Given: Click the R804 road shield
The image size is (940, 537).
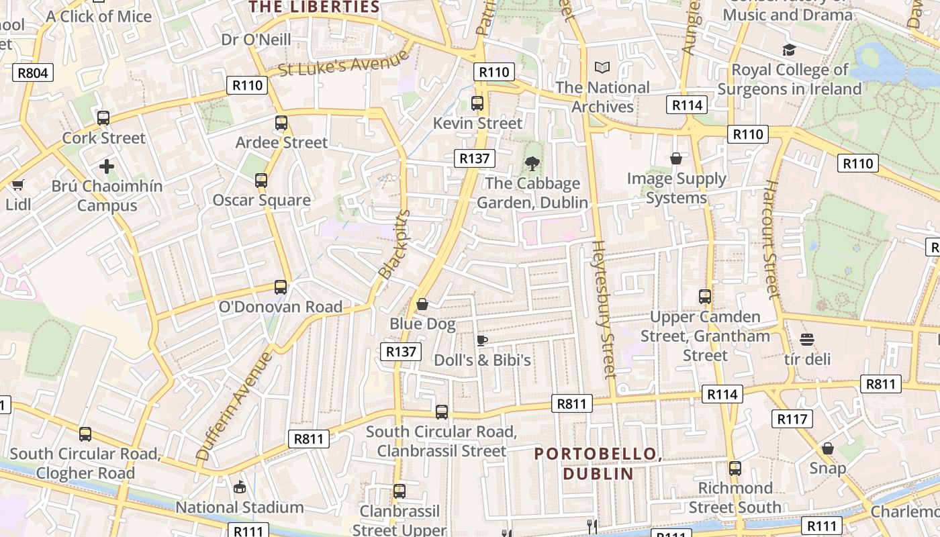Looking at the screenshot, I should pyautogui.click(x=32, y=72).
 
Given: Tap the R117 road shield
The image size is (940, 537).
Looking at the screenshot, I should pyautogui.click(x=792, y=419).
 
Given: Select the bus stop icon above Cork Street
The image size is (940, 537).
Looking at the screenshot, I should pyautogui.click(x=103, y=118).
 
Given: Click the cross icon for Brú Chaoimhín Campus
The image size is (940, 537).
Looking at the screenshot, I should pyautogui.click(x=107, y=166).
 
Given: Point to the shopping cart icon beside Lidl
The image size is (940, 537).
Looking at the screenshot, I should pyautogui.click(x=17, y=185).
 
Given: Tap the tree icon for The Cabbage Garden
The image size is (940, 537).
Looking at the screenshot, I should pyautogui.click(x=532, y=163).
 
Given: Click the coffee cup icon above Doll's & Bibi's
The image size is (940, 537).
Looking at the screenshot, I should pyautogui.click(x=481, y=340).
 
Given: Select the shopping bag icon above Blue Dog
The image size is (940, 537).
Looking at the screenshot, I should pyautogui.click(x=422, y=305).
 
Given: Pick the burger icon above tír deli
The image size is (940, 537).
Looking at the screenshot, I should pyautogui.click(x=807, y=340).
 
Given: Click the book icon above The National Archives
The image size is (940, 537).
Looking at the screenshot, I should pyautogui.click(x=602, y=68).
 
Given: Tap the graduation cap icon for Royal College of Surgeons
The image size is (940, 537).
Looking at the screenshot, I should pyautogui.click(x=789, y=50).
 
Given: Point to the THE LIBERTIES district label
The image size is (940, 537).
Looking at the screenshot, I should pyautogui.click(x=314, y=7).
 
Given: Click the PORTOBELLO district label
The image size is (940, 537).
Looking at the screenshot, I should pyautogui.click(x=598, y=463).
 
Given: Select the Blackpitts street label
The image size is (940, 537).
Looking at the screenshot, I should pyautogui.click(x=394, y=244).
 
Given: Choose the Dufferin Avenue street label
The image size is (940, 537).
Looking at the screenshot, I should pyautogui.click(x=235, y=406).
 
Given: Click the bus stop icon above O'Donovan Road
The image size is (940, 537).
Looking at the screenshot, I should pyautogui.click(x=281, y=287).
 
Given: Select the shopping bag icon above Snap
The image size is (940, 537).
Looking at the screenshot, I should pyautogui.click(x=828, y=448).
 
